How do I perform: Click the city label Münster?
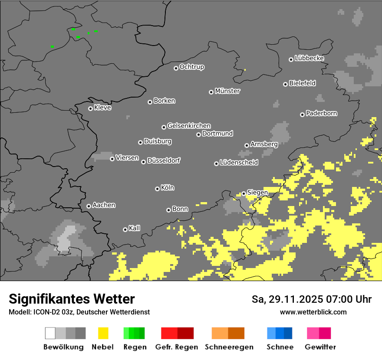click(x=227, y=91)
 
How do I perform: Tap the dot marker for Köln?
click(x=157, y=189)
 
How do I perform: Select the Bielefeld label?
click(x=302, y=83)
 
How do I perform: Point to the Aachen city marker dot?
click(x=89, y=206)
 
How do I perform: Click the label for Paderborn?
click(x=321, y=113)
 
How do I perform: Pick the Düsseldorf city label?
click(x=164, y=160)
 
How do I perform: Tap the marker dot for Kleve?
click(x=90, y=108)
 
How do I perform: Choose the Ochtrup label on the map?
click(x=192, y=67)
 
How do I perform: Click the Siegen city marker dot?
click(x=244, y=193)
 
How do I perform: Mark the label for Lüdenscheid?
click(x=239, y=163)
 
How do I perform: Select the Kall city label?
click(x=134, y=228)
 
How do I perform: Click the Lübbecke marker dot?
click(x=291, y=59)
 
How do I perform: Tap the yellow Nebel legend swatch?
click(x=103, y=333)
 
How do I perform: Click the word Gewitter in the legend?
click(x=320, y=347)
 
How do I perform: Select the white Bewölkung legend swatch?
click(x=50, y=333)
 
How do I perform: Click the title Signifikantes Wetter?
click(x=72, y=299)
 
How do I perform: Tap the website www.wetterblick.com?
click(x=313, y=312)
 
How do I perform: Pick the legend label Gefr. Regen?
click(x=177, y=347)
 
